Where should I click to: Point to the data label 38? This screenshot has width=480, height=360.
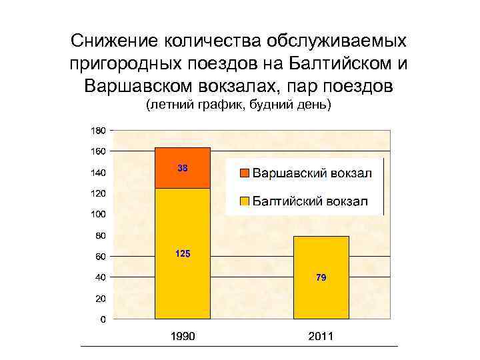point(182,169)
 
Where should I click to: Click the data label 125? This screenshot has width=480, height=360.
point(182,254)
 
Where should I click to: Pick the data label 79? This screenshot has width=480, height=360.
point(321,277)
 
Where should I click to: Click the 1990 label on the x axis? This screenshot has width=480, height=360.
point(182,336)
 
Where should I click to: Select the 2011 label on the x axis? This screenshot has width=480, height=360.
point(321,336)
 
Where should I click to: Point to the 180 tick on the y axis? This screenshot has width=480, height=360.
point(97,129)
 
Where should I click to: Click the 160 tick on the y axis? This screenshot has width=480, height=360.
point(97,151)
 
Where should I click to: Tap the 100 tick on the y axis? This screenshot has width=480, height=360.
point(97,214)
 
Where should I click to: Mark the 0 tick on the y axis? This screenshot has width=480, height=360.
point(101,319)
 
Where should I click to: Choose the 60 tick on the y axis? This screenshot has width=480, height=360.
point(99,256)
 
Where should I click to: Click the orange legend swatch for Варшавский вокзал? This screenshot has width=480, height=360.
point(244,173)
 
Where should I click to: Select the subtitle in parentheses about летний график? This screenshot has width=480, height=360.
point(239,106)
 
